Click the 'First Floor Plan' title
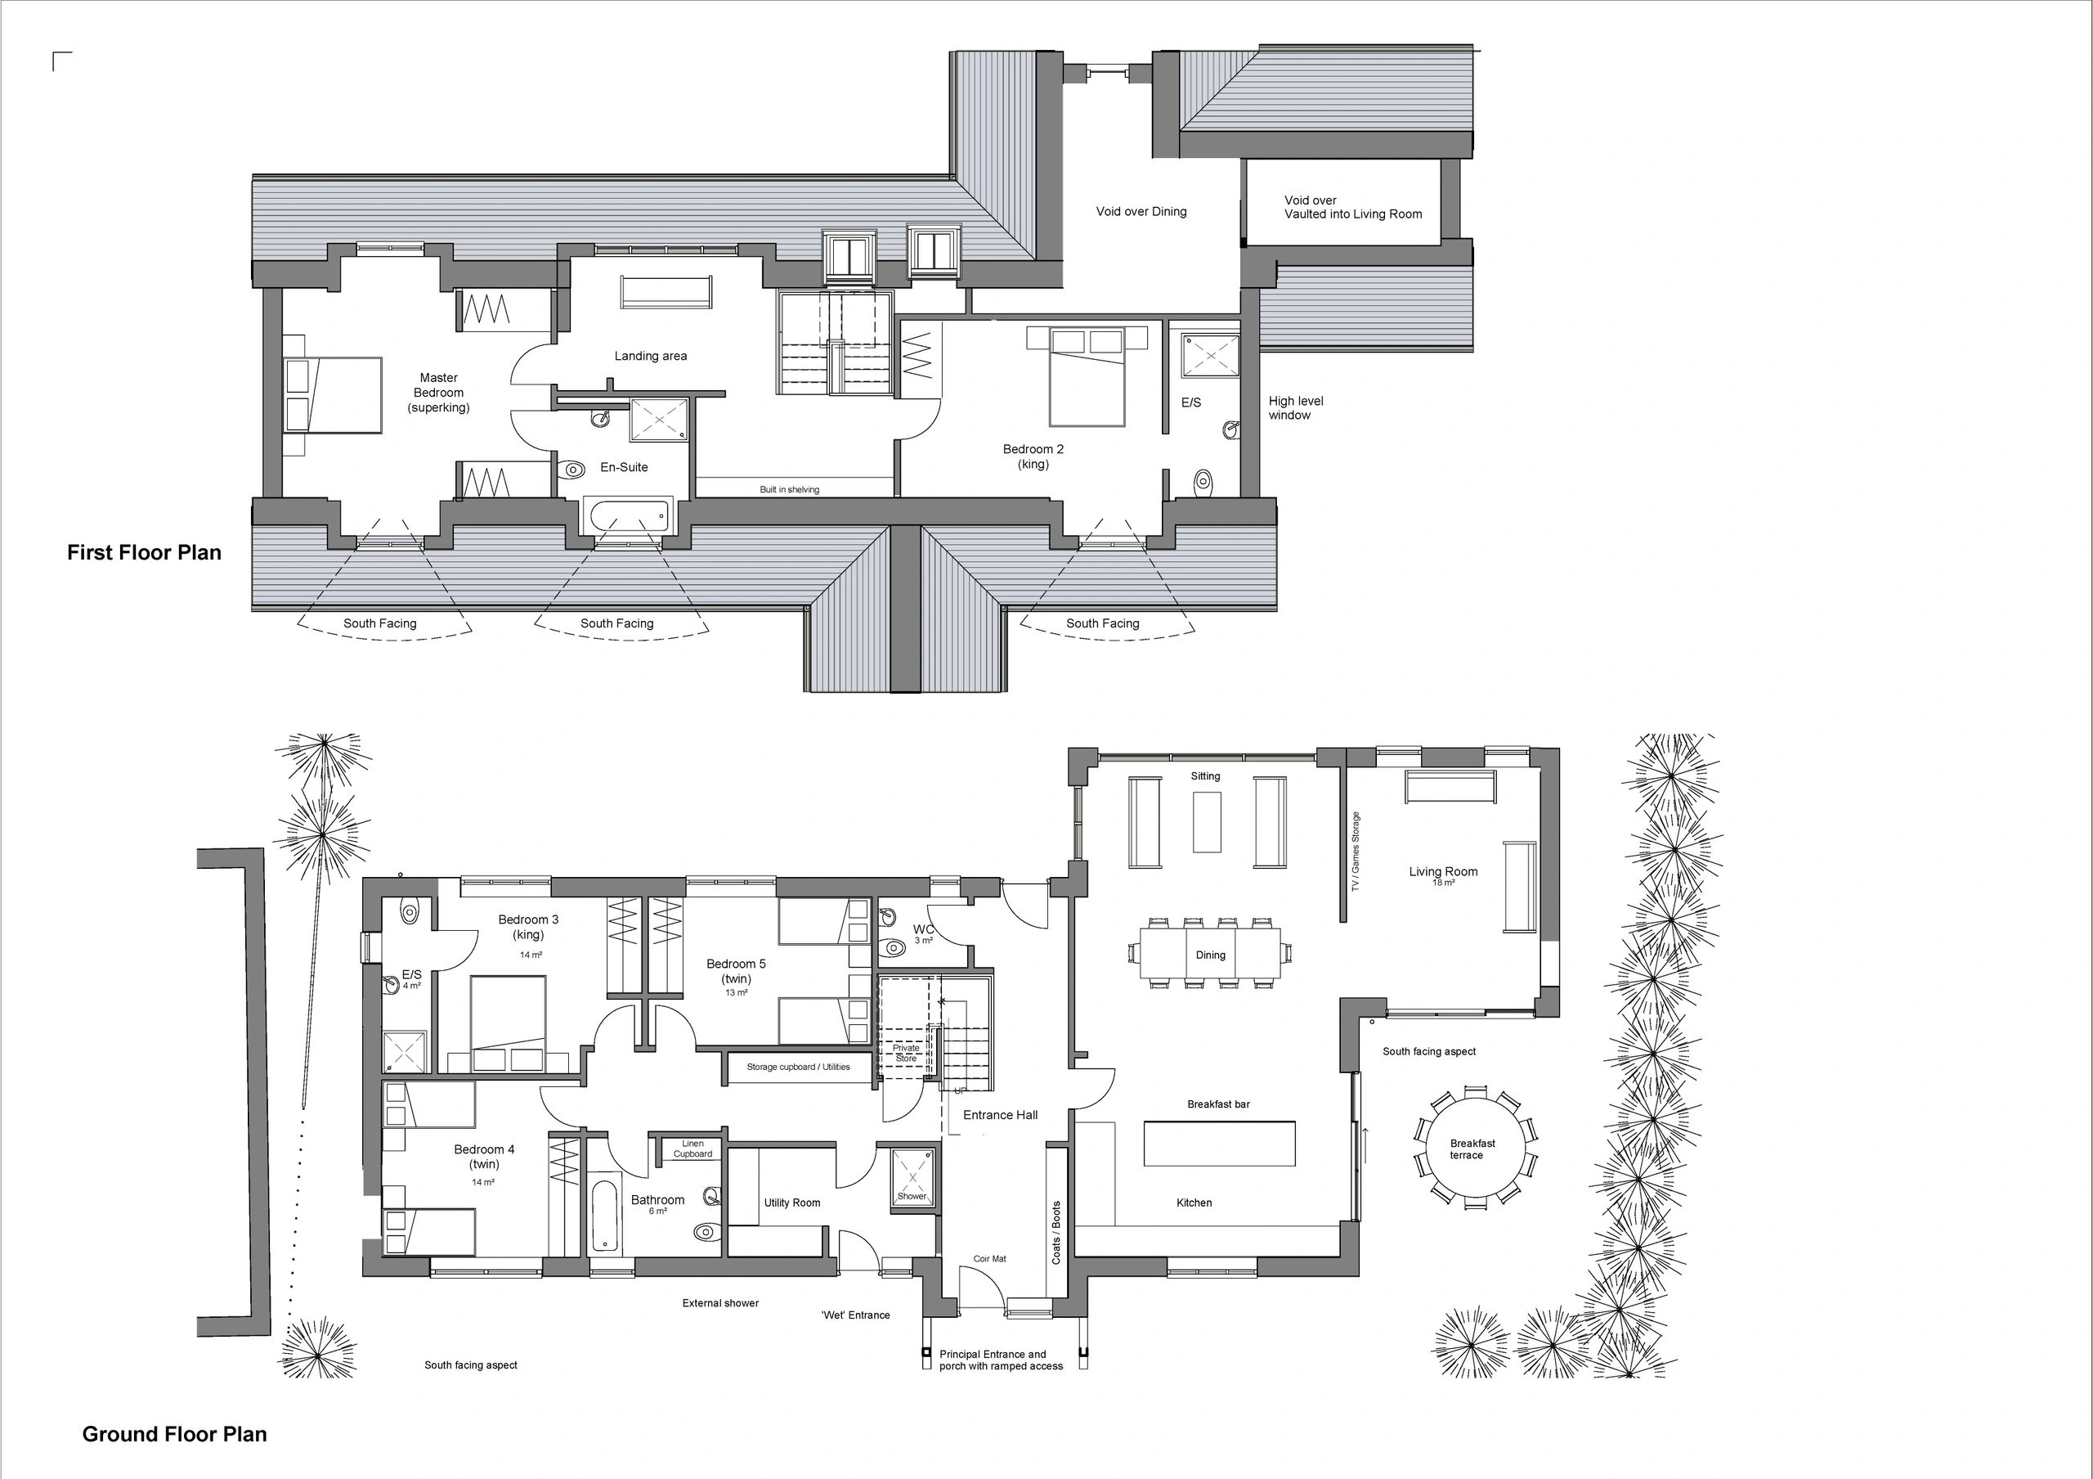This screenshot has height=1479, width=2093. coord(144,552)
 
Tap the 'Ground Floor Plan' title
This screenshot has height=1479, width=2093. coord(174,1434)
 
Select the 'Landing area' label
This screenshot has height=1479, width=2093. coord(650,356)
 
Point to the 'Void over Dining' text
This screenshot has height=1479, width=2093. coord(1141,212)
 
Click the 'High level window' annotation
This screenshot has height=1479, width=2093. coord(1295,407)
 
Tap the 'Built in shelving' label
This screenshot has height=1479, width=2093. coord(790,490)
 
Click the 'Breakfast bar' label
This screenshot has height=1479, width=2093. coord(1218,1104)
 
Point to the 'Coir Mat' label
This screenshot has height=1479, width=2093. coord(989,1258)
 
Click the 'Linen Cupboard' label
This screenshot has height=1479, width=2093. coord(692,1149)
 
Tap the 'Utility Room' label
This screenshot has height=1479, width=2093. coord(792,1203)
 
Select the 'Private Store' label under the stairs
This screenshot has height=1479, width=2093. coord(906,1053)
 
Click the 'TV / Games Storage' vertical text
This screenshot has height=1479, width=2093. coord(1356,851)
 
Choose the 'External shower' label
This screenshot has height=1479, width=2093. coord(720,1303)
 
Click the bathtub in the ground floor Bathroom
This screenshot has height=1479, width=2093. coord(605,1216)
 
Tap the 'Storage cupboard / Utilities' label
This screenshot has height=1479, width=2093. coord(798,1067)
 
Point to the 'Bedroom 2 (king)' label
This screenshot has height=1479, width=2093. coord(1033,456)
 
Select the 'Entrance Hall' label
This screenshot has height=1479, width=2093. coord(1000,1114)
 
